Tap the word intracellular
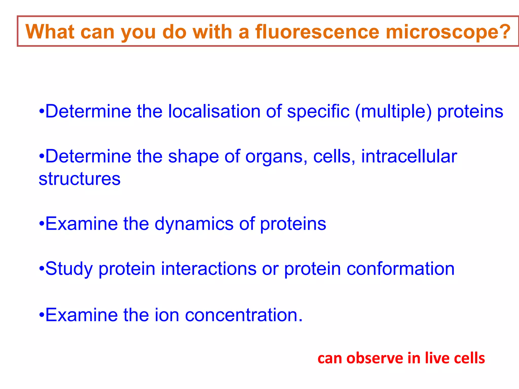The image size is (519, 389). click(409, 156)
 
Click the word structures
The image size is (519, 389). click(80, 179)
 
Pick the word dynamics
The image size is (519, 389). click(194, 224)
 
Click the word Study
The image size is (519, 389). click(69, 269)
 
